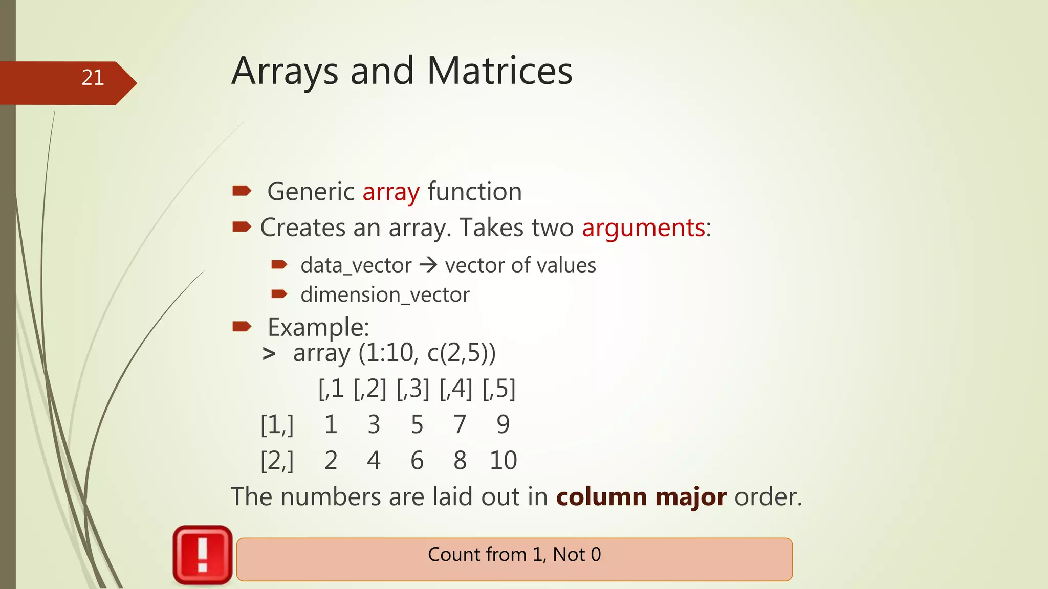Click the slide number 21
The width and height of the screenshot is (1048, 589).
[x=93, y=78]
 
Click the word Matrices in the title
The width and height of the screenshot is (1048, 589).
[x=499, y=71]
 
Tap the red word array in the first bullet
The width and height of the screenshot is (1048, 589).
[x=391, y=192]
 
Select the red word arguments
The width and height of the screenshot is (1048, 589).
[x=643, y=228]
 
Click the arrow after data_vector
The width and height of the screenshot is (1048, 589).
[x=428, y=265]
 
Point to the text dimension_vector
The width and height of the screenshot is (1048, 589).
[x=385, y=295]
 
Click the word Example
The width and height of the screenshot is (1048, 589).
[x=317, y=327]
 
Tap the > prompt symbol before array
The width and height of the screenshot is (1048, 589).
[x=269, y=354]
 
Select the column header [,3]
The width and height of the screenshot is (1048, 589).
[x=412, y=389]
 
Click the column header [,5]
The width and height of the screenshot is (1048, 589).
[x=498, y=389]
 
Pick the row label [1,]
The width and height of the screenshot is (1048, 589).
[x=277, y=425]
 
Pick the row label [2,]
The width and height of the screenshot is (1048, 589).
[x=277, y=461]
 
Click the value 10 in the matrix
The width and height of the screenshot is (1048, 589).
[x=503, y=461]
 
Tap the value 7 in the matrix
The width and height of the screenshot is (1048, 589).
[x=460, y=425]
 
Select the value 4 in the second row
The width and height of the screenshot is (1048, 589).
[x=374, y=461]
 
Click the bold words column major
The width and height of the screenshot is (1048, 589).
[x=641, y=497]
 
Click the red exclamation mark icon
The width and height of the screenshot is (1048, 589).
[x=203, y=555]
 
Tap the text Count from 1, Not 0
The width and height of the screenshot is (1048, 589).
[x=514, y=555]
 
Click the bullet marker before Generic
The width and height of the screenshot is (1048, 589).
[x=242, y=191]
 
